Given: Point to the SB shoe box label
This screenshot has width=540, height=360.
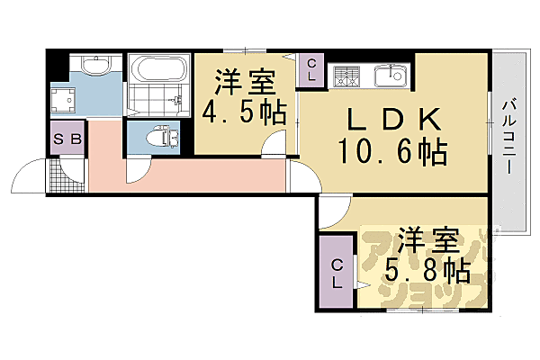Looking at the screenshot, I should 67,139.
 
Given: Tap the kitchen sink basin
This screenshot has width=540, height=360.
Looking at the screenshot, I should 390,75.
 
